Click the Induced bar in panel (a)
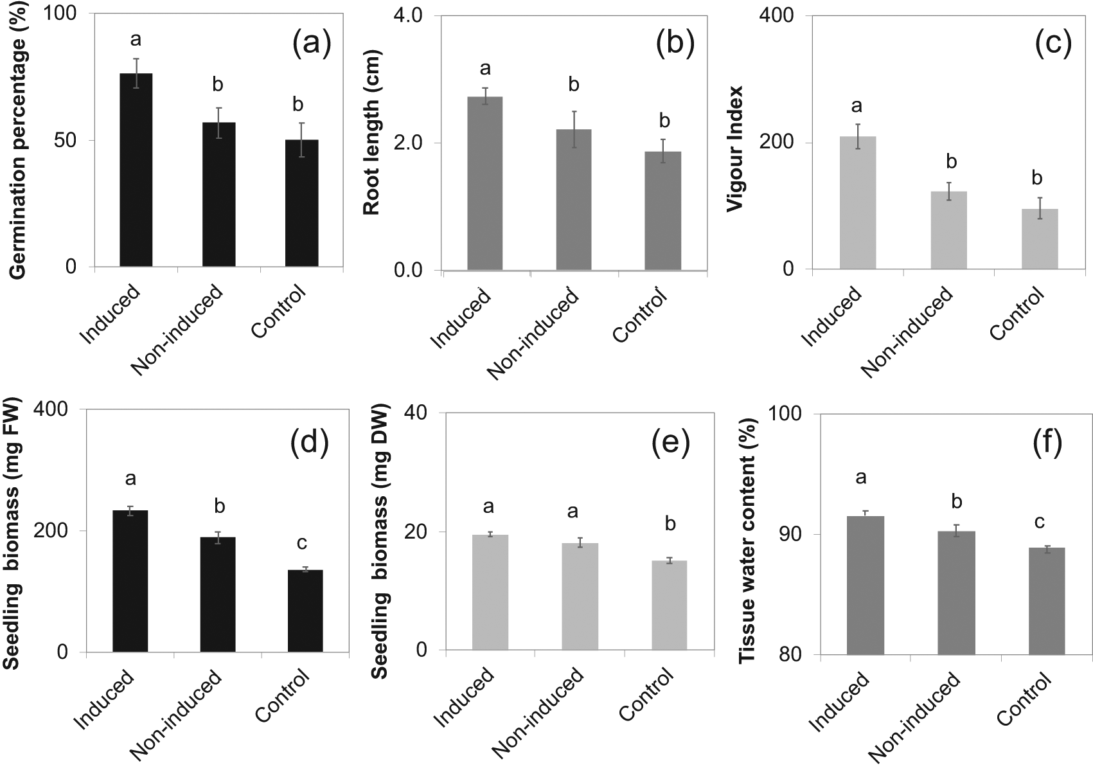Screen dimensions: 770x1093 (x=136, y=170)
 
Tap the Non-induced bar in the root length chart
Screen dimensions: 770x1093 (x=574, y=199)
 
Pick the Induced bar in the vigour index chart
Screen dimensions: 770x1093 (x=858, y=202)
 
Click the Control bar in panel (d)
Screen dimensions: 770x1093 (x=305, y=611)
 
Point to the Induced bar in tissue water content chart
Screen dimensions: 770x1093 (x=866, y=585)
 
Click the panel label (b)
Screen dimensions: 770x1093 (x=675, y=46)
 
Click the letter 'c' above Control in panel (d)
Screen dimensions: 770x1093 (x=301, y=544)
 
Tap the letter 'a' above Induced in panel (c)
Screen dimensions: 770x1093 (x=857, y=106)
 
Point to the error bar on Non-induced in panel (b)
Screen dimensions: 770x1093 (x=574, y=129)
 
